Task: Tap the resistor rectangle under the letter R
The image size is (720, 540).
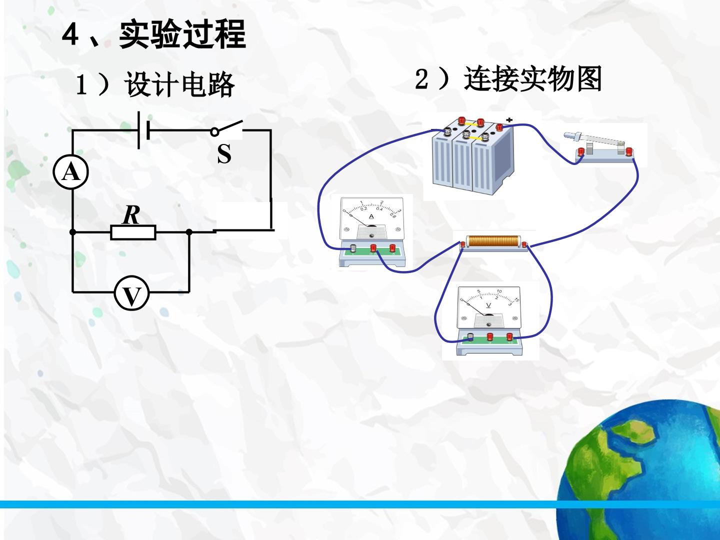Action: click(x=133, y=232)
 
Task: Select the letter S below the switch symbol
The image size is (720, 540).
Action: click(x=224, y=154)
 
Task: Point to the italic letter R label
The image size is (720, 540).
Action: click(x=131, y=215)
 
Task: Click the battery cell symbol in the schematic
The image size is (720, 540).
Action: click(x=144, y=130)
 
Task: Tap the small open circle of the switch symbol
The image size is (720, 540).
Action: click(x=214, y=132)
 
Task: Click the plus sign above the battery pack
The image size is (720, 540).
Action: click(x=509, y=120)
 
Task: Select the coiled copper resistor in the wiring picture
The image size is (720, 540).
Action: click(x=493, y=242)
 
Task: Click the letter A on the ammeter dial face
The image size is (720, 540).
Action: click(x=371, y=216)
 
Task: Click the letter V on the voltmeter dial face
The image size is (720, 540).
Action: click(x=488, y=305)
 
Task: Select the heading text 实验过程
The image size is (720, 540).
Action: click(x=182, y=34)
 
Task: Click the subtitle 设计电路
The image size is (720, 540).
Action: click(x=179, y=84)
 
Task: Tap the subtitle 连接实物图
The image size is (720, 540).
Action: click(x=532, y=78)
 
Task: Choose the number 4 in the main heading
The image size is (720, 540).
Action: click(x=70, y=35)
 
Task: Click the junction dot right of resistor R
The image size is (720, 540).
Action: click(x=189, y=232)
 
